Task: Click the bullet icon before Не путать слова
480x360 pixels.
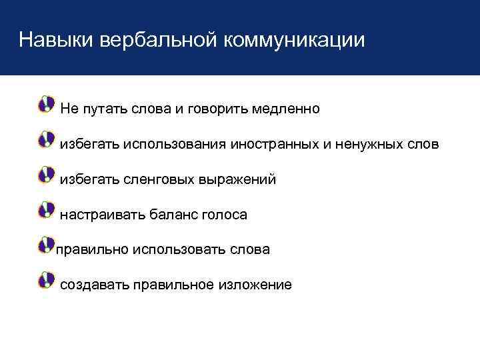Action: coord(46,104)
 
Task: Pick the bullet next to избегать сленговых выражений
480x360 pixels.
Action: coord(46,175)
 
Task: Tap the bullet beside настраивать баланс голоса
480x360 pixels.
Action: coord(46,211)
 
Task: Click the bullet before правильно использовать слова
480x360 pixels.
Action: coord(46,245)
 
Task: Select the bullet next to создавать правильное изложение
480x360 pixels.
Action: coord(46,281)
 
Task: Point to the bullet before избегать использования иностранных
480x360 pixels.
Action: coord(46,139)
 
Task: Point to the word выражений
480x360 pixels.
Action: coord(237,179)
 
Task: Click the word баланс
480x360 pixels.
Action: coord(173,215)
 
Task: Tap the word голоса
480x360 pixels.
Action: coord(225,215)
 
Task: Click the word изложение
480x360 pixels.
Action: coord(253,285)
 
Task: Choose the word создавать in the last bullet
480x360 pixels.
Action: coord(94,285)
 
